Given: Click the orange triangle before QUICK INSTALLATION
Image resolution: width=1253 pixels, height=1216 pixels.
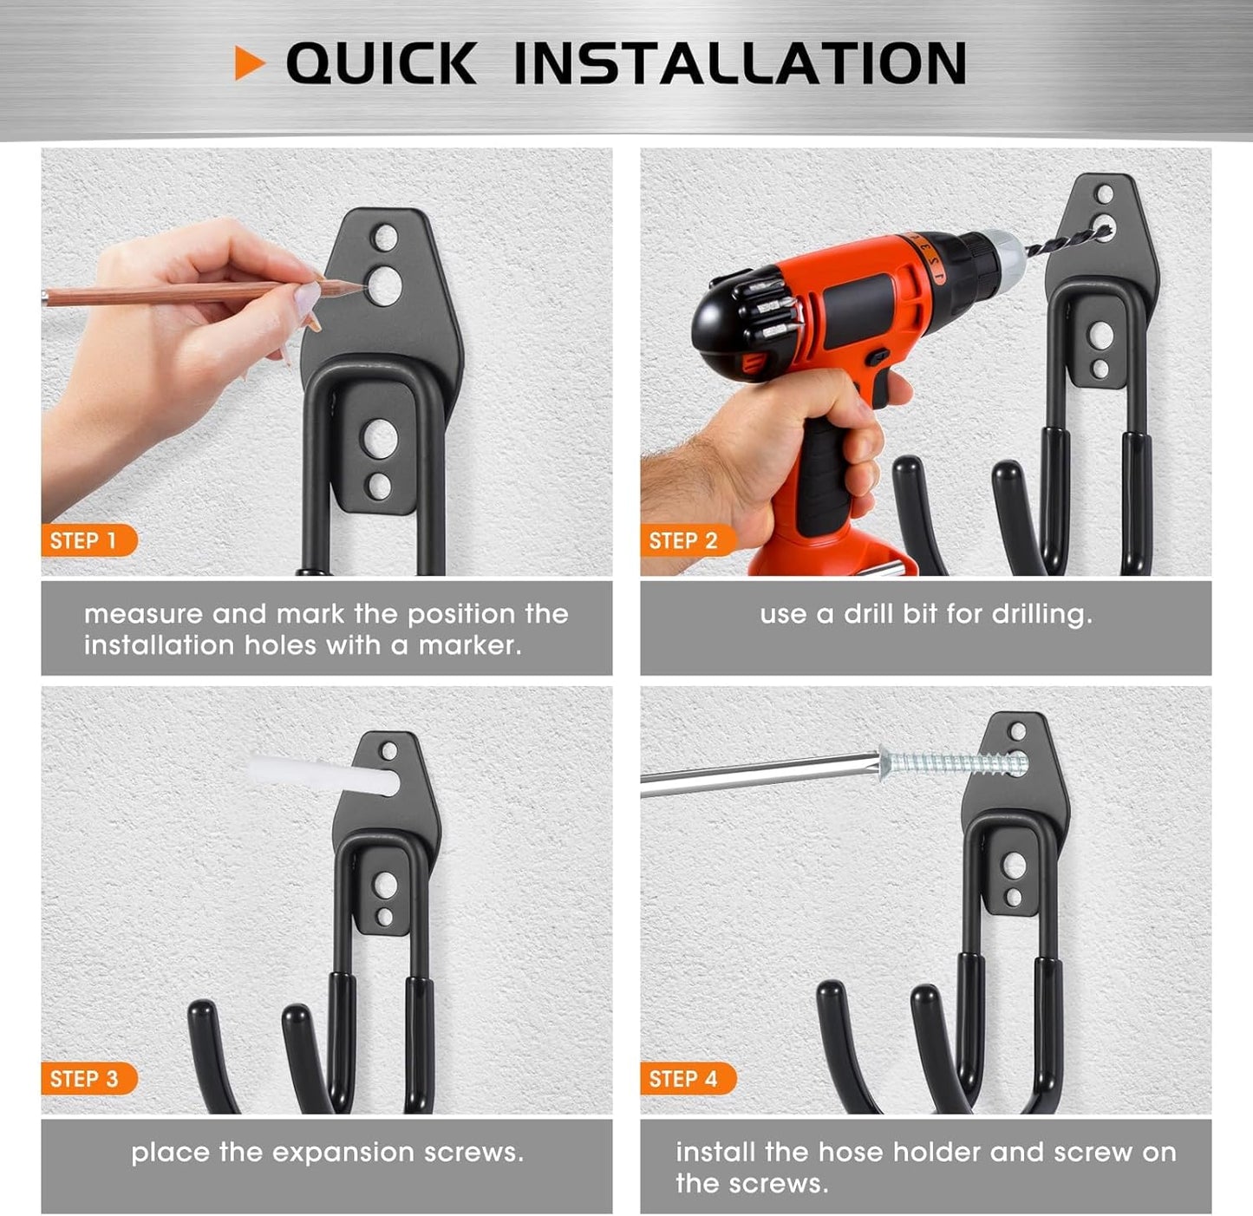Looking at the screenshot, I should [x=248, y=63].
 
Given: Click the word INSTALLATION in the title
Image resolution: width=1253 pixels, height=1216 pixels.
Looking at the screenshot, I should [x=740, y=63].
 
